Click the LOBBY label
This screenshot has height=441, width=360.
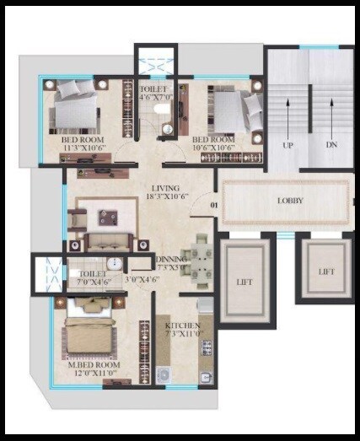[290, 201]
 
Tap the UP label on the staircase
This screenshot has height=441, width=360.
[288, 145]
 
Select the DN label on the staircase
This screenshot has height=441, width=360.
[331, 145]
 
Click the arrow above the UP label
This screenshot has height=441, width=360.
[288, 113]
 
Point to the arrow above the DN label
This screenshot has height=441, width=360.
[331, 113]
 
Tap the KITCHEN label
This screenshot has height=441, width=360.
[182, 325]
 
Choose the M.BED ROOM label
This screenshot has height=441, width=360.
[93, 365]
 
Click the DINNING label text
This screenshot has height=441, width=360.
[174, 260]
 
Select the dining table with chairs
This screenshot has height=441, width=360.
[197, 259]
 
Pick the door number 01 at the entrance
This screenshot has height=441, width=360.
[214, 203]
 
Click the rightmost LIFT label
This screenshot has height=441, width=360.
[326, 272]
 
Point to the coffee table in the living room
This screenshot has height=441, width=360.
[106, 216]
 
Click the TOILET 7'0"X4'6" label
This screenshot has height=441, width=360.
[93, 274]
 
